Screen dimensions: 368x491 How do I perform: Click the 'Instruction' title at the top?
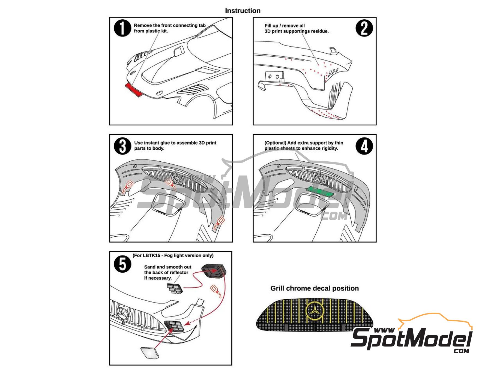(x=242, y=11)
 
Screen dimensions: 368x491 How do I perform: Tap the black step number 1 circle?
(x=122, y=29)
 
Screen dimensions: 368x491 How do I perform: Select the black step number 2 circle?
(x=364, y=28)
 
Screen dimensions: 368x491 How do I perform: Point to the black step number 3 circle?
(x=122, y=146)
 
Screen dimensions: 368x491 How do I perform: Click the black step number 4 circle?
(x=364, y=146)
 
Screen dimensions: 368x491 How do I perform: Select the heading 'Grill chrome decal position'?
(x=315, y=288)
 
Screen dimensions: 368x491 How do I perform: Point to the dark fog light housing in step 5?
(x=214, y=271)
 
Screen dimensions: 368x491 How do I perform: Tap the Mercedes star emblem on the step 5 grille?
(x=122, y=313)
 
